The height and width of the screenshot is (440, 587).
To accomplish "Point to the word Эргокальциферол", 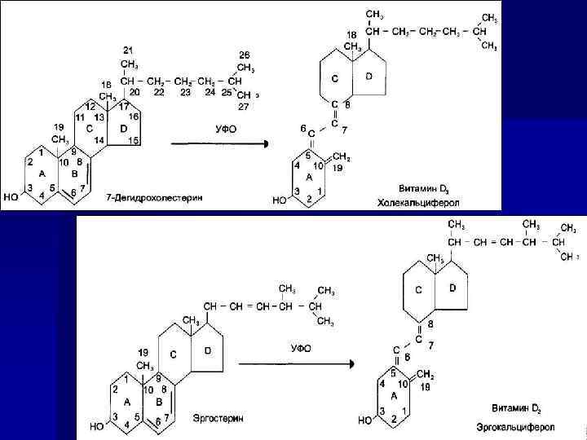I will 516,427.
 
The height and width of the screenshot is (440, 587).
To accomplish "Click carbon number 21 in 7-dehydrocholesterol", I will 128,51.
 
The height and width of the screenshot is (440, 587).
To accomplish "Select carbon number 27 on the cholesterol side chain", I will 244,106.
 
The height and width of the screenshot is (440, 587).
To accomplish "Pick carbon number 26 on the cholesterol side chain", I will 244,55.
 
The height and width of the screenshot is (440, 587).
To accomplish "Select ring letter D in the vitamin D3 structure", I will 369,76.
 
